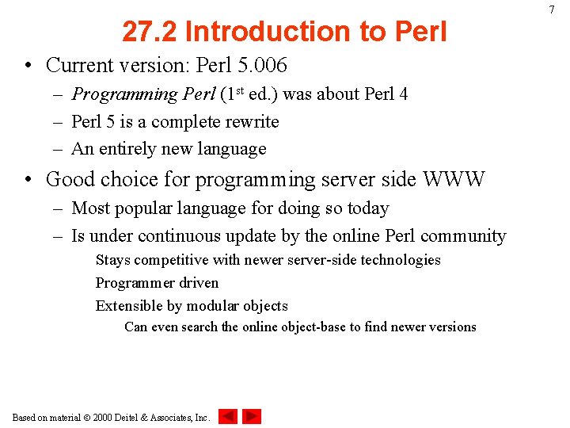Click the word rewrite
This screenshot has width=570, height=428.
[x=251, y=122]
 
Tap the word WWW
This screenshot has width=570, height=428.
[x=454, y=180]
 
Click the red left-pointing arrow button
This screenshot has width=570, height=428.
[x=228, y=416]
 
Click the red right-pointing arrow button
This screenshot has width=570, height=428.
[x=252, y=416]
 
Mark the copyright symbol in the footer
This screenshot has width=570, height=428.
[x=87, y=417]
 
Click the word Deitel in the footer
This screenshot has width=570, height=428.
[x=131, y=417]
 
